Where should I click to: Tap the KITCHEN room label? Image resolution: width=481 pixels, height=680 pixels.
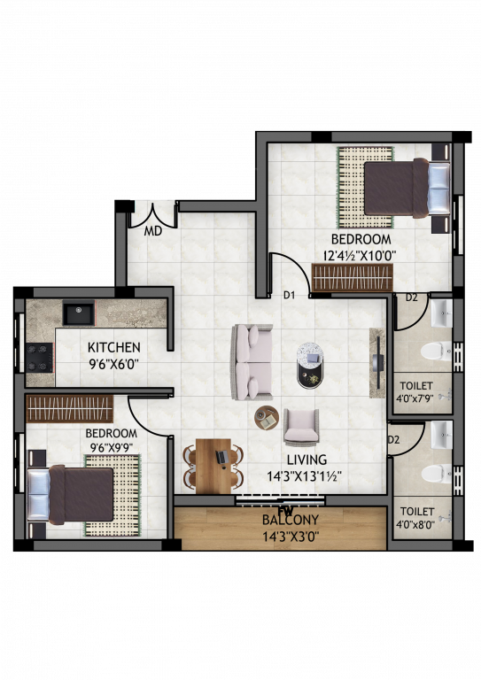(x=112, y=347)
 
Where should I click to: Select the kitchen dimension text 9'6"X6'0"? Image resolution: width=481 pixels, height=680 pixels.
(x=112, y=363)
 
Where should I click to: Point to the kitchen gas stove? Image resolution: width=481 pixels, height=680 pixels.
(x=39, y=357)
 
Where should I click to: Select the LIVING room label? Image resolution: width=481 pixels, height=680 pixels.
(x=306, y=460)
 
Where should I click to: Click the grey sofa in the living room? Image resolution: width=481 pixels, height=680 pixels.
(x=251, y=361)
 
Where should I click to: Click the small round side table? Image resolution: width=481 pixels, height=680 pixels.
(x=267, y=416)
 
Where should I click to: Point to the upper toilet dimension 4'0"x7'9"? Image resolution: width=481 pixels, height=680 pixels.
(x=416, y=399)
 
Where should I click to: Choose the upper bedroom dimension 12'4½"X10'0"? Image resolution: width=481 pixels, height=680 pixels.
(x=359, y=255)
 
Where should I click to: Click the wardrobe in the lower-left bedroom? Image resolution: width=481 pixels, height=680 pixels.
(x=69, y=409)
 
